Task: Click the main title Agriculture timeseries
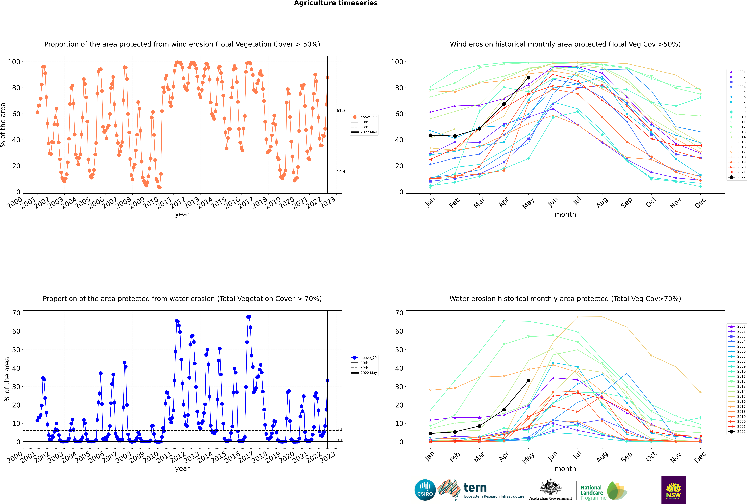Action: coord(336,3)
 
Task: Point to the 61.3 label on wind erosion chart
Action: coord(341,111)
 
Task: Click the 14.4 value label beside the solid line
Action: coord(341,172)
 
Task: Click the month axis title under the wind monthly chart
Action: coord(565,214)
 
